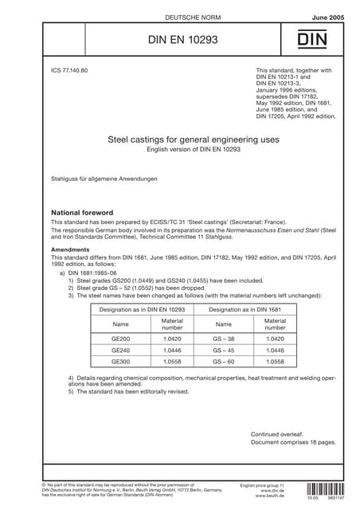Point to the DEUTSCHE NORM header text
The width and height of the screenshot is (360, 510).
pos(179,16)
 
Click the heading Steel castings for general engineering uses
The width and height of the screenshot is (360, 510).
pos(179,139)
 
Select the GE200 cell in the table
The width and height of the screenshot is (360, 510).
pos(121,338)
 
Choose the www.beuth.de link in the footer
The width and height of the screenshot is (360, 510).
pos(270,496)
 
